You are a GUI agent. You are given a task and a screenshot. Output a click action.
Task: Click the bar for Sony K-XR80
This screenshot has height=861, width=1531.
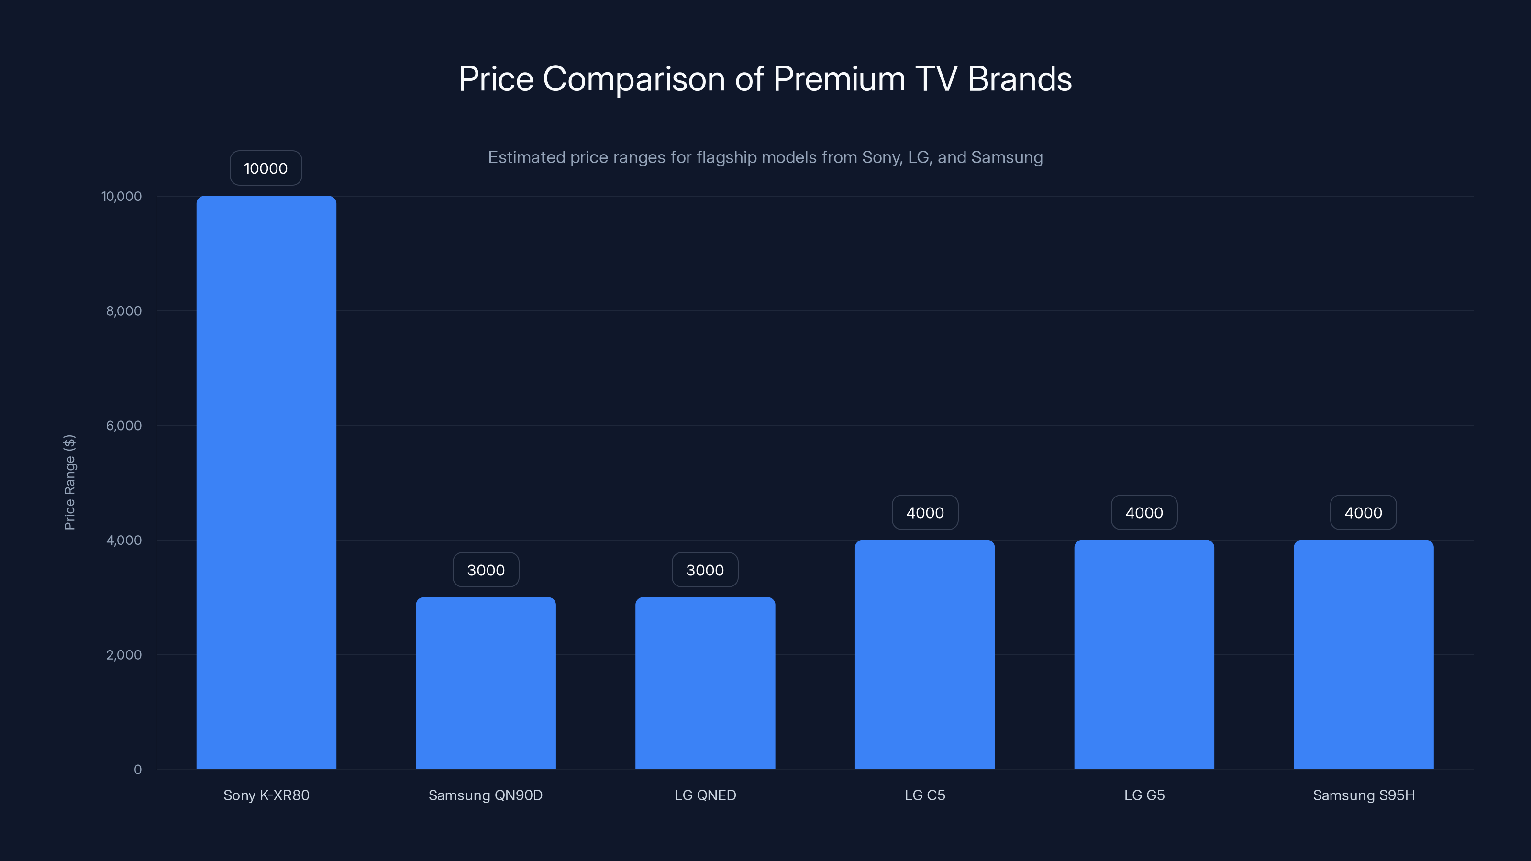click(266, 482)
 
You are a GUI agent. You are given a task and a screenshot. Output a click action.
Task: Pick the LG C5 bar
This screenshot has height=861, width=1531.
click(925, 653)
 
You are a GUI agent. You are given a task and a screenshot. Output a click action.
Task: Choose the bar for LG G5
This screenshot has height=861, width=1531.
click(1144, 653)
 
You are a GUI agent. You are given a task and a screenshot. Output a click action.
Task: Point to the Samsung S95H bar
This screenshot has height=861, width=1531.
click(1364, 653)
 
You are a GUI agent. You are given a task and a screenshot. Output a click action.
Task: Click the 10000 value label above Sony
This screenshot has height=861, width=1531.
click(266, 168)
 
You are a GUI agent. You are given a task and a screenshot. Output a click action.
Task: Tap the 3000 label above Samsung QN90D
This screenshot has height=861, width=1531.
click(486, 570)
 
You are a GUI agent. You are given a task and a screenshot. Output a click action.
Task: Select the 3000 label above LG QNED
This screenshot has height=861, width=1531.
click(705, 570)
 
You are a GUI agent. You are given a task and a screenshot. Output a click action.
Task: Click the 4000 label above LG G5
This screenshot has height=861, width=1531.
click(1144, 512)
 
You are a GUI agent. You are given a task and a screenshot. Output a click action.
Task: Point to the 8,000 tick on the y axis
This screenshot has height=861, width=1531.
click(123, 311)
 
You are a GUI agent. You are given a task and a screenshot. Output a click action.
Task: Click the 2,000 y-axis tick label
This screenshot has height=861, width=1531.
click(123, 655)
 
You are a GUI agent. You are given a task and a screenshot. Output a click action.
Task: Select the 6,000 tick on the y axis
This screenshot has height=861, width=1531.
click(123, 425)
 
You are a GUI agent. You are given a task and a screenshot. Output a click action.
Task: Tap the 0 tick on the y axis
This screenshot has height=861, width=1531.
click(137, 770)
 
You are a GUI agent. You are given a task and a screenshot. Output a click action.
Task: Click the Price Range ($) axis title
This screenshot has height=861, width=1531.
click(69, 482)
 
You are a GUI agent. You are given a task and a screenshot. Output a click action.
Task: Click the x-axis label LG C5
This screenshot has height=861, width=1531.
click(925, 795)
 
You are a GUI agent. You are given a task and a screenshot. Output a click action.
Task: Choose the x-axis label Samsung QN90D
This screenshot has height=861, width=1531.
click(486, 795)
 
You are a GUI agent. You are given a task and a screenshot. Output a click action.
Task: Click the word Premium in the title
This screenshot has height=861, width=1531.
click(839, 79)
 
